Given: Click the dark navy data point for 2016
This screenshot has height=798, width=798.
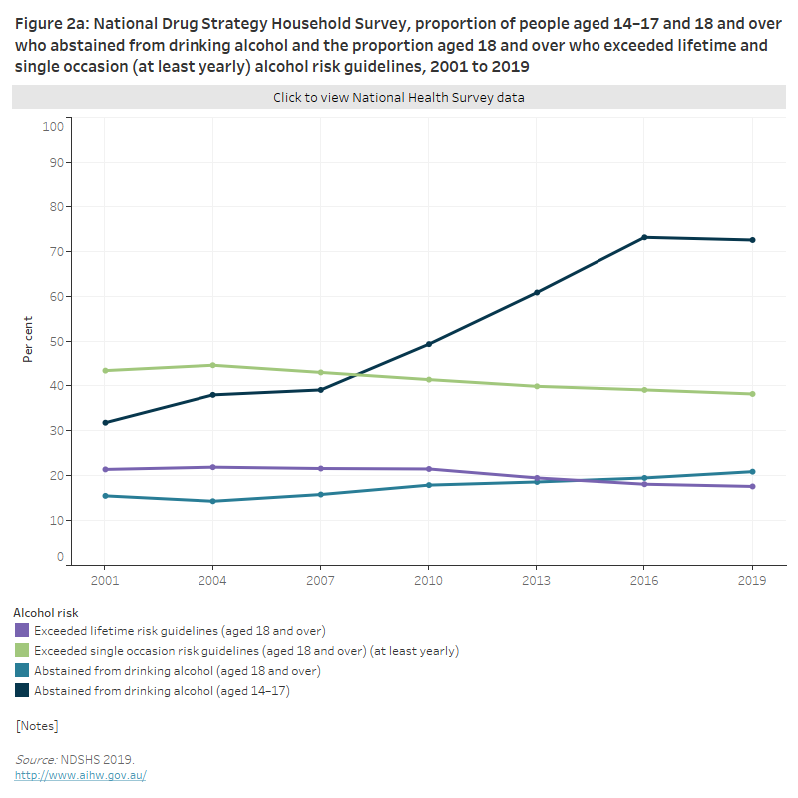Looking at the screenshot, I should pyautogui.click(x=644, y=237).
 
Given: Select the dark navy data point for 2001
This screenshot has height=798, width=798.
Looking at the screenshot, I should pyautogui.click(x=105, y=423).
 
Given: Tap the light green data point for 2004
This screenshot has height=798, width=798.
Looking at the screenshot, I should pyautogui.click(x=212, y=365).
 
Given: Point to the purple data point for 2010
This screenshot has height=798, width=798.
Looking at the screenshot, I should pyautogui.click(x=429, y=469).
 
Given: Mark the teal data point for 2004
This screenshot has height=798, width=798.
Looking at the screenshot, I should pyautogui.click(x=212, y=501).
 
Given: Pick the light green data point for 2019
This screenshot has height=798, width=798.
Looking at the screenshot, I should pyautogui.click(x=752, y=394).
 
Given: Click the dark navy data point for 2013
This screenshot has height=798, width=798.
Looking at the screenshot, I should pyautogui.click(x=537, y=292).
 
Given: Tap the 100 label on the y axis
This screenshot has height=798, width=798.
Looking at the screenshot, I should pyautogui.click(x=53, y=126).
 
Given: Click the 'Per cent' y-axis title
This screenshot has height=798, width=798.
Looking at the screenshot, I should pyautogui.click(x=28, y=340).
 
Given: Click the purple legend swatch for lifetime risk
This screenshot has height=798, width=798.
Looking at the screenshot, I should pyautogui.click(x=22, y=631).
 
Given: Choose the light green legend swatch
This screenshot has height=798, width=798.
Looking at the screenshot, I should pyautogui.click(x=22, y=651).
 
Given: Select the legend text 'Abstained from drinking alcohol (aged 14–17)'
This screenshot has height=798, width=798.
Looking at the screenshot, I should pyautogui.click(x=162, y=690).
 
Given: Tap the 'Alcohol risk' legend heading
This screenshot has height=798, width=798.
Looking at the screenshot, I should pyautogui.click(x=45, y=613).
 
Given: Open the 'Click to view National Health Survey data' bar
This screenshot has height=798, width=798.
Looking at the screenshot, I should pyautogui.click(x=399, y=98).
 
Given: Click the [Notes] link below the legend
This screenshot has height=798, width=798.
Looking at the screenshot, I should pyautogui.click(x=37, y=725).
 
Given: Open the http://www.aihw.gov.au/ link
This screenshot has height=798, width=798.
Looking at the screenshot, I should pyautogui.click(x=80, y=775).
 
